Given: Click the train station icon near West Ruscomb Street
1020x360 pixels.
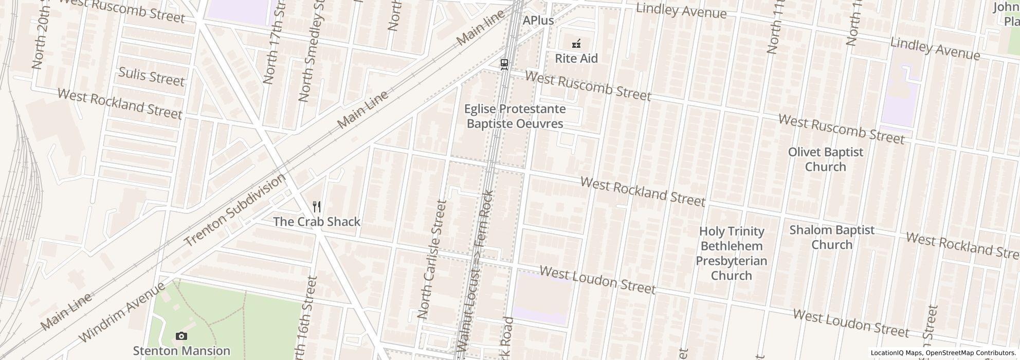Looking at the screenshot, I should [x=504, y=64].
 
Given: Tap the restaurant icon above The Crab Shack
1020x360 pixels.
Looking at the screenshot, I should [x=317, y=207].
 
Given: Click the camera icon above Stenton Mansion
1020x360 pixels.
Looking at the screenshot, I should [x=181, y=336].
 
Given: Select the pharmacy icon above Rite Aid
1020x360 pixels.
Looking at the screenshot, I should [x=576, y=44].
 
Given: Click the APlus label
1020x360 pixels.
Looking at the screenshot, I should [x=538, y=21].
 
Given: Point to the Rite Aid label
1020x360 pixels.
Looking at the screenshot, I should [x=576, y=59].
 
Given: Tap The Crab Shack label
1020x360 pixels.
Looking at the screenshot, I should [x=316, y=222].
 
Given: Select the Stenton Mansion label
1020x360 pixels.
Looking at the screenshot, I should [x=181, y=351].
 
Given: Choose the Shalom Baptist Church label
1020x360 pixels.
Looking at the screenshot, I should [x=831, y=237].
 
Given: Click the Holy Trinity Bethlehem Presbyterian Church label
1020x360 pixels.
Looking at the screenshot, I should [x=731, y=254].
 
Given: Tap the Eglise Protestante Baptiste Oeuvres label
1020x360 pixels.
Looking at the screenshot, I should [x=515, y=116].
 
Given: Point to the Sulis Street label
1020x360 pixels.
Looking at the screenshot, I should [x=151, y=77].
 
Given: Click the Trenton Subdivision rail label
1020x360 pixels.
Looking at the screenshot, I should [x=234, y=210].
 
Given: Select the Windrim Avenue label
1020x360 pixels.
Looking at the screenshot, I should [x=122, y=312].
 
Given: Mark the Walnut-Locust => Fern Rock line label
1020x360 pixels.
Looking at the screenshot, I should [x=477, y=273].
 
